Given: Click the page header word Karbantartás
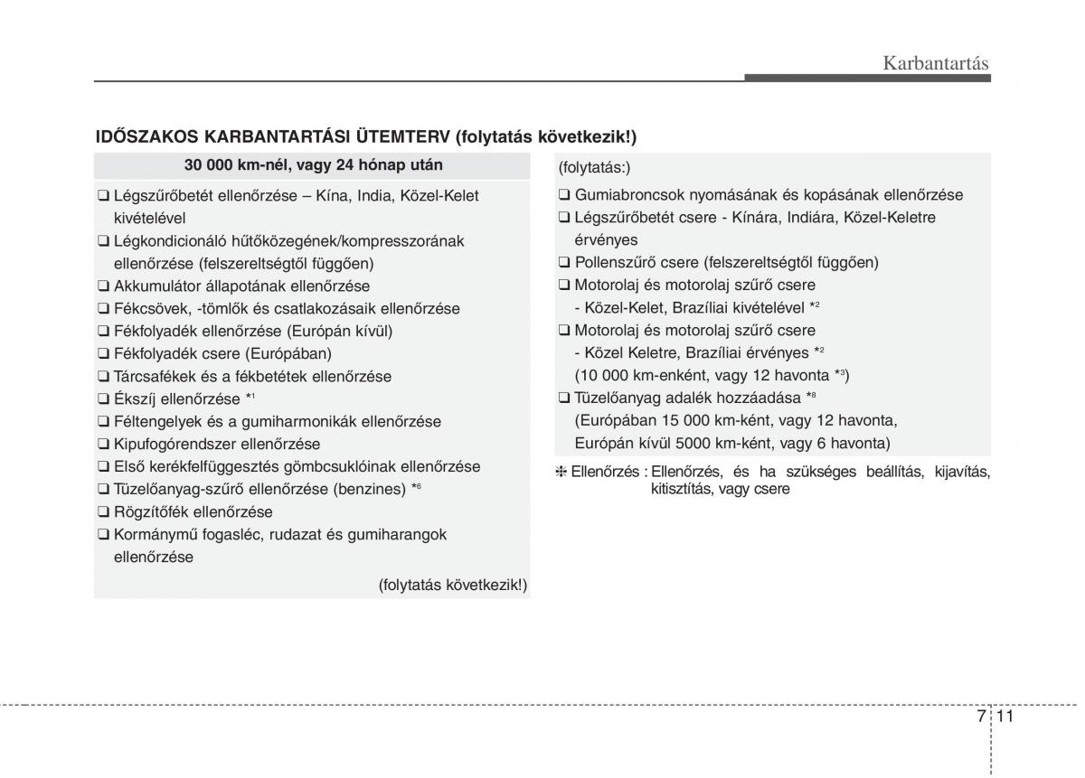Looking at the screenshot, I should (x=935, y=63).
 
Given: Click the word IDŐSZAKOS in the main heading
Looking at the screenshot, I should (x=146, y=136).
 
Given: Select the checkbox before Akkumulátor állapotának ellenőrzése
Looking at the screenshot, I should (x=104, y=286).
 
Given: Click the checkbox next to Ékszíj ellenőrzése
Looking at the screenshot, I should (x=104, y=399).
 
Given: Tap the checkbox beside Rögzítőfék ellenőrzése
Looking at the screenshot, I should (x=104, y=512).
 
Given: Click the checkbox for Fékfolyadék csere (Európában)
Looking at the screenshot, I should (x=104, y=354).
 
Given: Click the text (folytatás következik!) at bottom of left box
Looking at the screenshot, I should (x=452, y=585).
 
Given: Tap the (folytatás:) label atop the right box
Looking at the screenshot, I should (x=594, y=167).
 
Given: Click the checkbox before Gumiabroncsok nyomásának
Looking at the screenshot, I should (x=564, y=195).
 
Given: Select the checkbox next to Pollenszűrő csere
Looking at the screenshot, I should (x=564, y=263).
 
